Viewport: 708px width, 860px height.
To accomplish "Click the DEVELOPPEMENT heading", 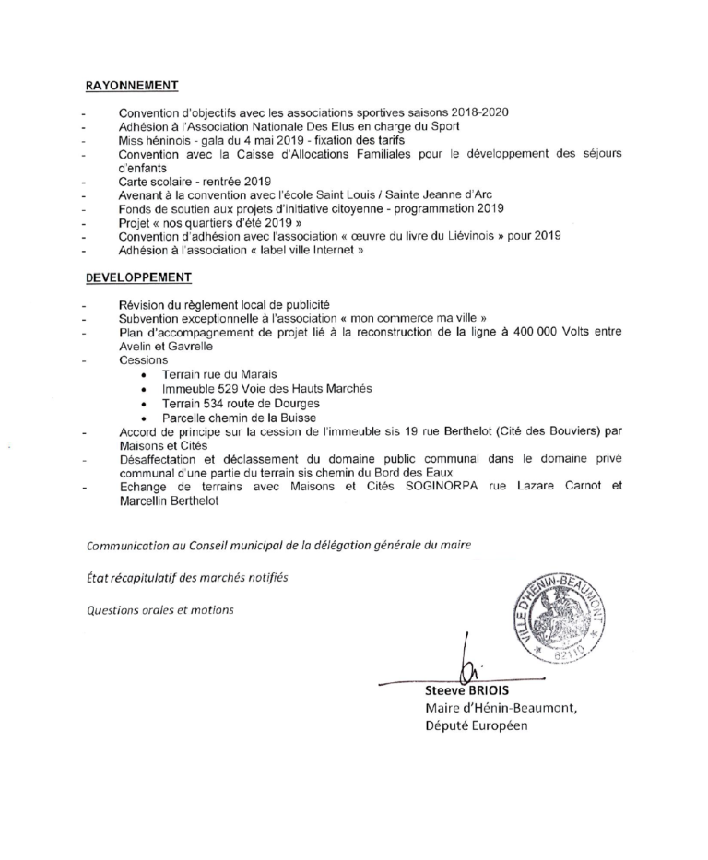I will pos(138,276).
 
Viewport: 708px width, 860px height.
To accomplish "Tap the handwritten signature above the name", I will pos(469,664).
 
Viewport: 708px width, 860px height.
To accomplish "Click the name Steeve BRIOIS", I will pos(460,689).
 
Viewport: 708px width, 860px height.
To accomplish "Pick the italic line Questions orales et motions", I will pos(160,609).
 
